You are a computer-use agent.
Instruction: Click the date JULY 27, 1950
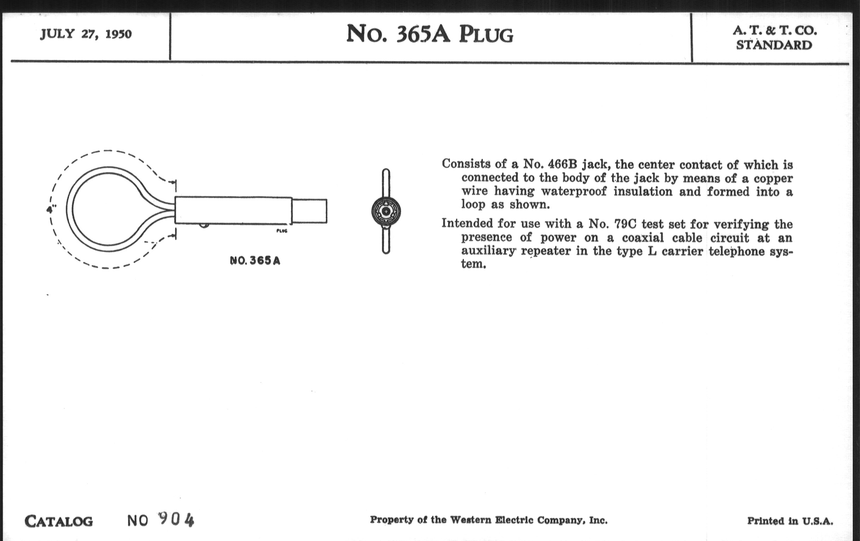[86, 34]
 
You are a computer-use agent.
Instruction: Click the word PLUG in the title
[486, 35]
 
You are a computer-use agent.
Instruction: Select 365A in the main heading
[423, 34]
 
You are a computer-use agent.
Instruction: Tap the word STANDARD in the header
[774, 45]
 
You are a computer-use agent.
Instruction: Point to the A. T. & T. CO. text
[775, 31]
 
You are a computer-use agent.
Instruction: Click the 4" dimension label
[51, 209]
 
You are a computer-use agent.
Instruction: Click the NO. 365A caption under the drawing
[255, 261]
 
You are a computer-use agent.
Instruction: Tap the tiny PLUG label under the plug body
[282, 231]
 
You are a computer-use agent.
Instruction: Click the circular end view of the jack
[386, 211]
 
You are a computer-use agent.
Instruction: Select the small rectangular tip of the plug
[309, 211]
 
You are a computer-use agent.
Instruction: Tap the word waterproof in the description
[574, 191]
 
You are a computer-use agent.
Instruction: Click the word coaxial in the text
[643, 238]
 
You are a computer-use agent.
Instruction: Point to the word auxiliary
[488, 251]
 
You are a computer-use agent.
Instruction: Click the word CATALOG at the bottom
[59, 521]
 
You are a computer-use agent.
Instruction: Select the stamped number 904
[176, 519]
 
